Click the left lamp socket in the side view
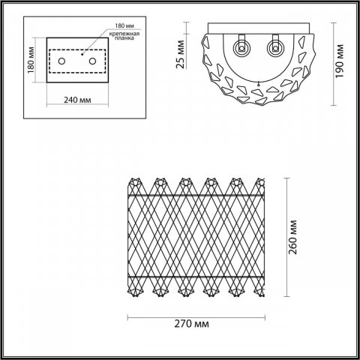pos(243,47)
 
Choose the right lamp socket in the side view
pos(275,47)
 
